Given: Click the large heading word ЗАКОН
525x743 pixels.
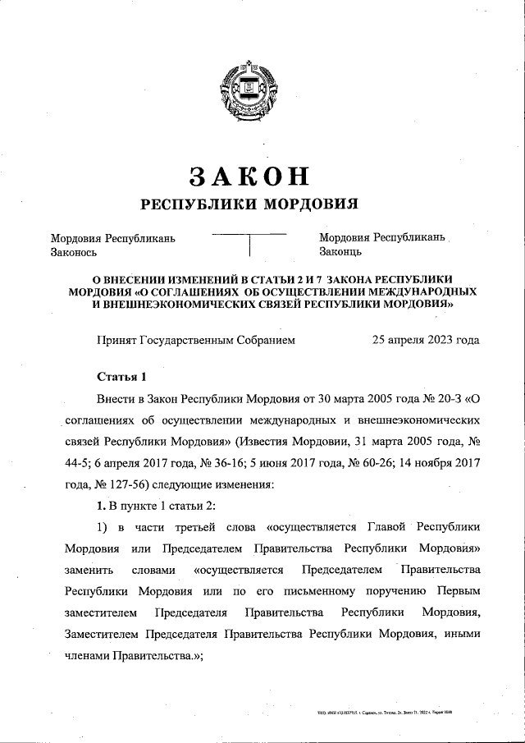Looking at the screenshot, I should point(249,175).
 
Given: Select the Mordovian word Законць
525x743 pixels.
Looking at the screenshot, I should point(340,253).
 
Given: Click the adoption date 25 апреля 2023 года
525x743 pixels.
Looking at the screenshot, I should point(426,339).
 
